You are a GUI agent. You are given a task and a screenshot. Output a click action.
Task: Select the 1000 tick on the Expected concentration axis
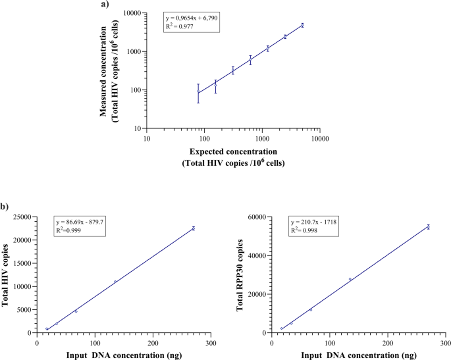[262, 139]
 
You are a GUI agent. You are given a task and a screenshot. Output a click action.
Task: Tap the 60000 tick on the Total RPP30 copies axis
[255, 217]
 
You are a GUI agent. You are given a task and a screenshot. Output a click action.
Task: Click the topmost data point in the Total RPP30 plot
[428, 226]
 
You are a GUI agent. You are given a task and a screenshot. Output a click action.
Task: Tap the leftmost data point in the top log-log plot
[198, 91]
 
